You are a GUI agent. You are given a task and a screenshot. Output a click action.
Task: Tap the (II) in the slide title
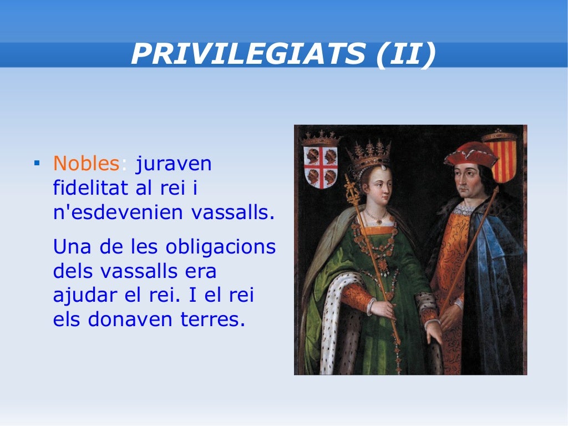coord(405,54)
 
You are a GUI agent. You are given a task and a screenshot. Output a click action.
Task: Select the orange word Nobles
coord(86,164)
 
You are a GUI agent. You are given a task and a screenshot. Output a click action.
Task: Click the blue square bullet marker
coord(37,164)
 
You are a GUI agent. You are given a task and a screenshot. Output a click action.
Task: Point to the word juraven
coord(174,164)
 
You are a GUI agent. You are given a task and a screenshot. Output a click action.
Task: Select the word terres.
coord(214,321)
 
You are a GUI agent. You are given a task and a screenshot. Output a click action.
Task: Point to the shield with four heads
coord(320,164)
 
